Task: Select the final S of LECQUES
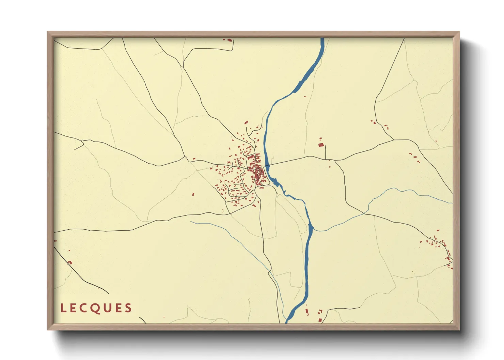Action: [128, 308]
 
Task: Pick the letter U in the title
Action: [107, 308]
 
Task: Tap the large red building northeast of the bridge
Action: [320, 145]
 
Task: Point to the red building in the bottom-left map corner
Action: [70, 262]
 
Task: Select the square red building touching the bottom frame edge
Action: [320, 320]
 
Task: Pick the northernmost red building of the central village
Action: [246, 122]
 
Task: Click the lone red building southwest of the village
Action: [193, 195]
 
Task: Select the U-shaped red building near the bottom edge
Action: [320, 311]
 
